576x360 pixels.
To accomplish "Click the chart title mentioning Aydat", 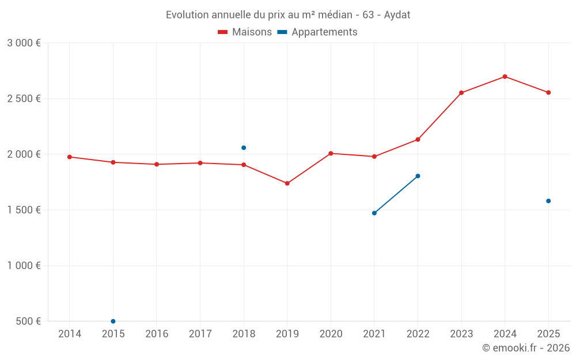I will point(288,14).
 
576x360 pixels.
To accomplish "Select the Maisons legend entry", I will point(245,32).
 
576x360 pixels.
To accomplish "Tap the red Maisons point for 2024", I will point(505,77).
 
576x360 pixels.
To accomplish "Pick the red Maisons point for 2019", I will point(287,183).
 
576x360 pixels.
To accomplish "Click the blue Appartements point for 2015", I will point(113,321).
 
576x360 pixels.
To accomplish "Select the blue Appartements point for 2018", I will point(244,148).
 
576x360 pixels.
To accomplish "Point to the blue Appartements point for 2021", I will point(374,213).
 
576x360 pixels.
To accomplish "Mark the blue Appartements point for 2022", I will point(418,176).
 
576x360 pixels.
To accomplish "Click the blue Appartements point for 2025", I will point(548,201).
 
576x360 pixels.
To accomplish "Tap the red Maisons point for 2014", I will point(70,157).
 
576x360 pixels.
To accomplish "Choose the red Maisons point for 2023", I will point(461,93).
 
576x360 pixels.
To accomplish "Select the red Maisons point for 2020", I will point(331,153).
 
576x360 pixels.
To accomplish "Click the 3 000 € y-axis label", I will point(24,43).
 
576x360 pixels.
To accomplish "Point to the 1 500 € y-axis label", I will point(24,210).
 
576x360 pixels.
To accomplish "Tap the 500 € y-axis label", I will point(28,321).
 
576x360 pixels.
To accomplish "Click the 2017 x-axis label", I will point(200,334).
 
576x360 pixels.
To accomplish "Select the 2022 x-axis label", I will point(418,334).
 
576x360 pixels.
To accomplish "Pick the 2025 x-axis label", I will point(548,334).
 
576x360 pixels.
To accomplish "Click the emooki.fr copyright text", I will point(525,348).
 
